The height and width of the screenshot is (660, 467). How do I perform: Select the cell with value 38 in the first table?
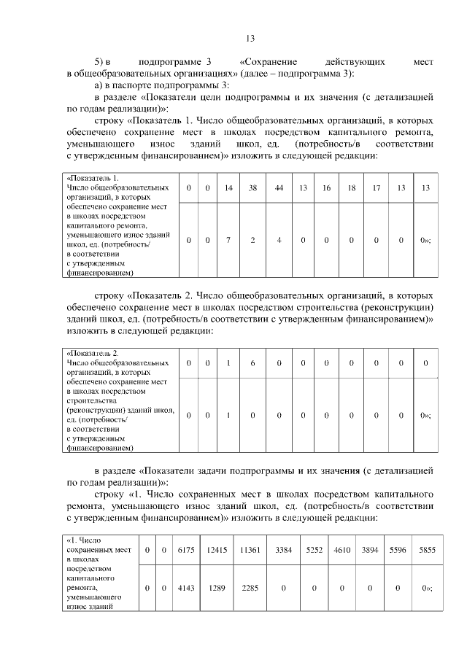tap(252, 188)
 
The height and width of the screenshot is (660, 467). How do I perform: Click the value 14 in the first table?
tap(228, 188)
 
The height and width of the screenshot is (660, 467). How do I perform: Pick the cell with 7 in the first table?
tap(228, 241)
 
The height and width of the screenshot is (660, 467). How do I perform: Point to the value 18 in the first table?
tap(352, 188)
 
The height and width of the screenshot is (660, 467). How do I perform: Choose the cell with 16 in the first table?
tap(326, 188)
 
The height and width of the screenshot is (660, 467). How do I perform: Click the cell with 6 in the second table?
tap(252, 362)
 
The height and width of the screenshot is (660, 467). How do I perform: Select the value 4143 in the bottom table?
tap(182, 587)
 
